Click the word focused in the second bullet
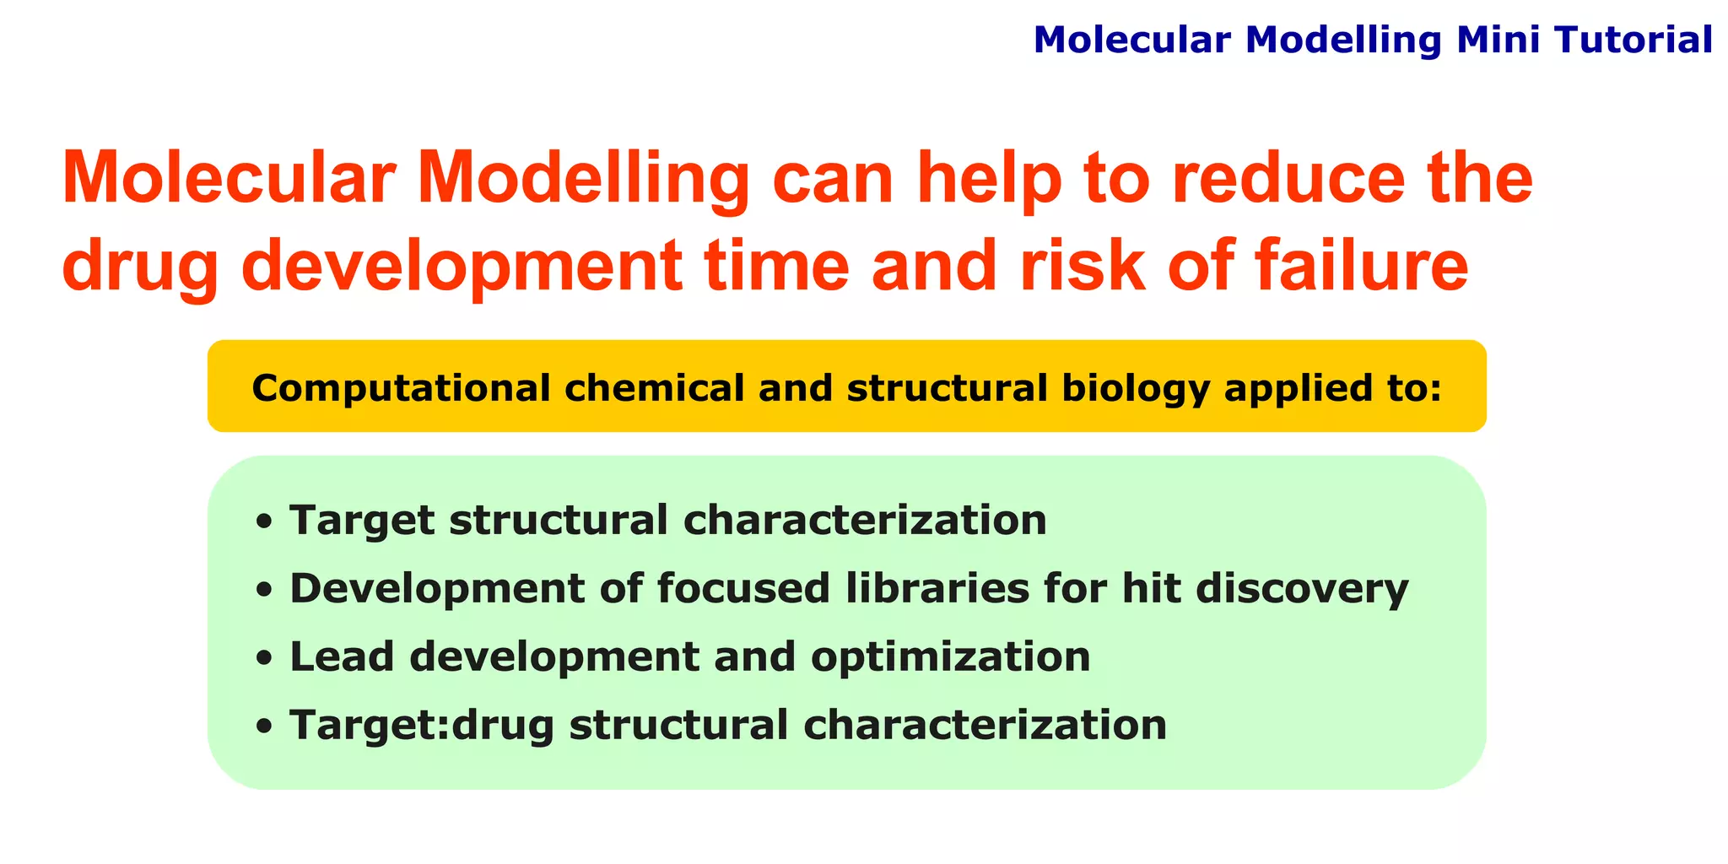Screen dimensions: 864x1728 coord(742,588)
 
